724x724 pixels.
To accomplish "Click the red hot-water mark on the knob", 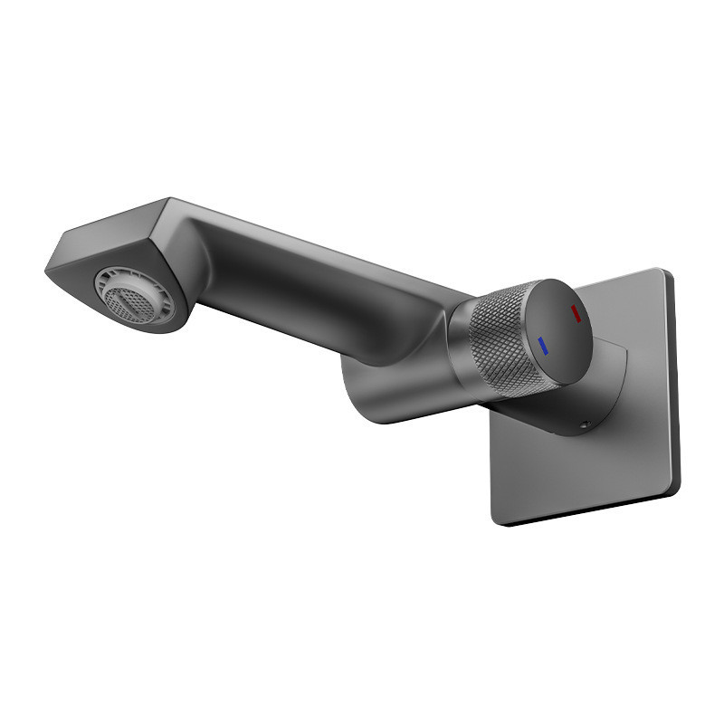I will [x=575, y=314].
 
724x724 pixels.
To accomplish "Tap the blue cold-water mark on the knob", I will [x=542, y=345].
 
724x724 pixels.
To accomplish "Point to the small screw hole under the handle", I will [x=585, y=424].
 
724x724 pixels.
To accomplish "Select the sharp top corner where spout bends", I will [x=168, y=200].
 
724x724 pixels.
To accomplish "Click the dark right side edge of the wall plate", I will [x=674, y=380].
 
